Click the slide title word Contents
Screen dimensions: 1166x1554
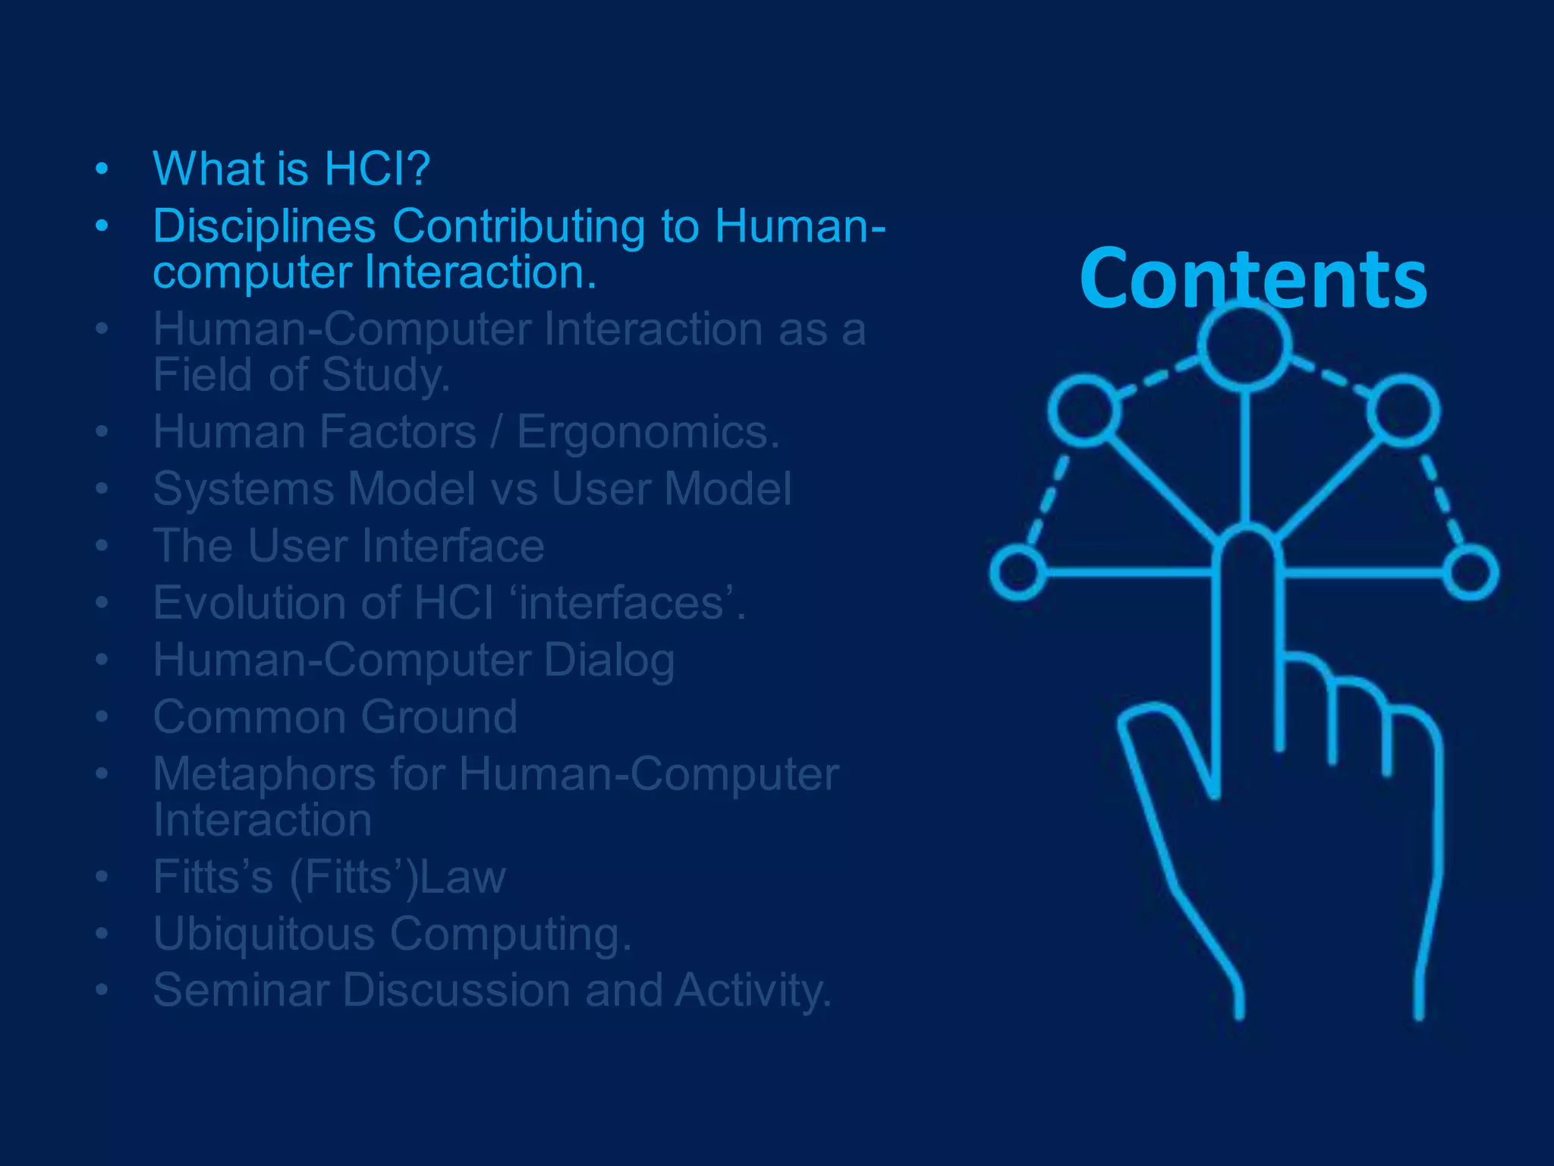tap(1253, 279)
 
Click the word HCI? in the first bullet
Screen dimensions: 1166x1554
tap(377, 169)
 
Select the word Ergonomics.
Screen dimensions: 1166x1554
tap(648, 432)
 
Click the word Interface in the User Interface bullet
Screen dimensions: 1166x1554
tap(452, 546)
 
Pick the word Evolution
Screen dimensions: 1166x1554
tap(250, 603)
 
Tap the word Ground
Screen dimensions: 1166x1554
tap(439, 717)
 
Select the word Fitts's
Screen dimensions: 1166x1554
tap(212, 877)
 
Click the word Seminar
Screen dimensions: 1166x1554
tap(240, 991)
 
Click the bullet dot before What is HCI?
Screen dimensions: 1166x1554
tap(102, 170)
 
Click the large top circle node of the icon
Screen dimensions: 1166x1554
tap(1245, 346)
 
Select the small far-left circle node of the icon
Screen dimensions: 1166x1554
tap(1018, 572)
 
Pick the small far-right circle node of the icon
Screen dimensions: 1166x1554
tap(1471, 572)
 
